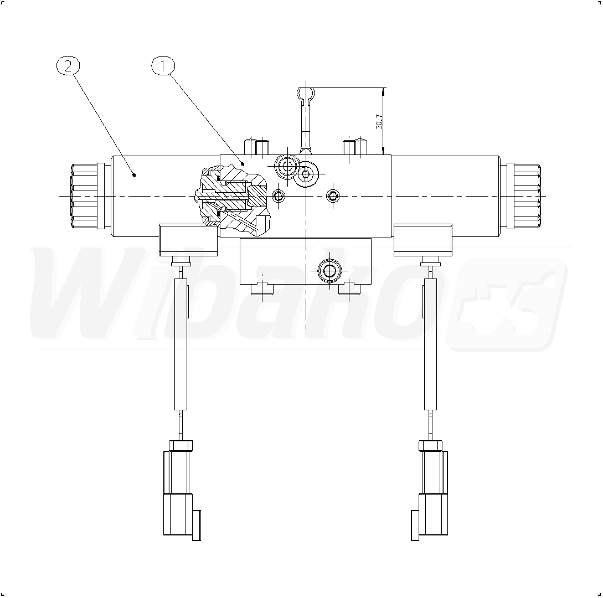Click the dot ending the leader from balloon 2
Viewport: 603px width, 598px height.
[x=134, y=175]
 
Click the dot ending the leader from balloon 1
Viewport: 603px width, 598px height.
[x=243, y=164]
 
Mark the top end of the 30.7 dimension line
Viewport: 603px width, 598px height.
[x=383, y=87]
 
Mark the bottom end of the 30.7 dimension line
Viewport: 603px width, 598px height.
[x=383, y=154]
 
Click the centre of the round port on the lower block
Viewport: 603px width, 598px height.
[x=329, y=271]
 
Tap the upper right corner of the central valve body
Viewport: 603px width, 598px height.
[x=391, y=155]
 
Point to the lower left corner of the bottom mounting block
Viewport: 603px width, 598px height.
[x=240, y=284]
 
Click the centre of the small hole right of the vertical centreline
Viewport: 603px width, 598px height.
[x=333, y=197]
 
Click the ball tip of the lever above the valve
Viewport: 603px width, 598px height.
[x=306, y=92]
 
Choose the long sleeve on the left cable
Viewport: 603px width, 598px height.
[x=181, y=344]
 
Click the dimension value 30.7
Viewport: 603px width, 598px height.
[x=379, y=121]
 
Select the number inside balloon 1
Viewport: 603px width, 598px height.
[x=163, y=66]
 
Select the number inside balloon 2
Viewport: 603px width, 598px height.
[x=68, y=66]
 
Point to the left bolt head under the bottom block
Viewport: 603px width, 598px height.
[x=262, y=289]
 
